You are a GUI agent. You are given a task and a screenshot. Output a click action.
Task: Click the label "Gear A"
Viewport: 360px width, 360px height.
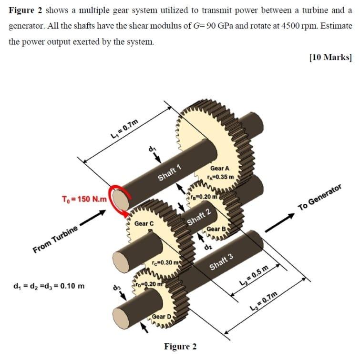220,169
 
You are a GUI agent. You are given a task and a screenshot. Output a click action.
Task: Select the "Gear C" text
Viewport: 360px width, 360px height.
144,223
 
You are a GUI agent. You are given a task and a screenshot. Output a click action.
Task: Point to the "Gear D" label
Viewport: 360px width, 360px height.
163,317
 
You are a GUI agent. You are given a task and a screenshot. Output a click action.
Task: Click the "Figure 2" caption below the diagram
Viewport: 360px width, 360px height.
180,346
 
